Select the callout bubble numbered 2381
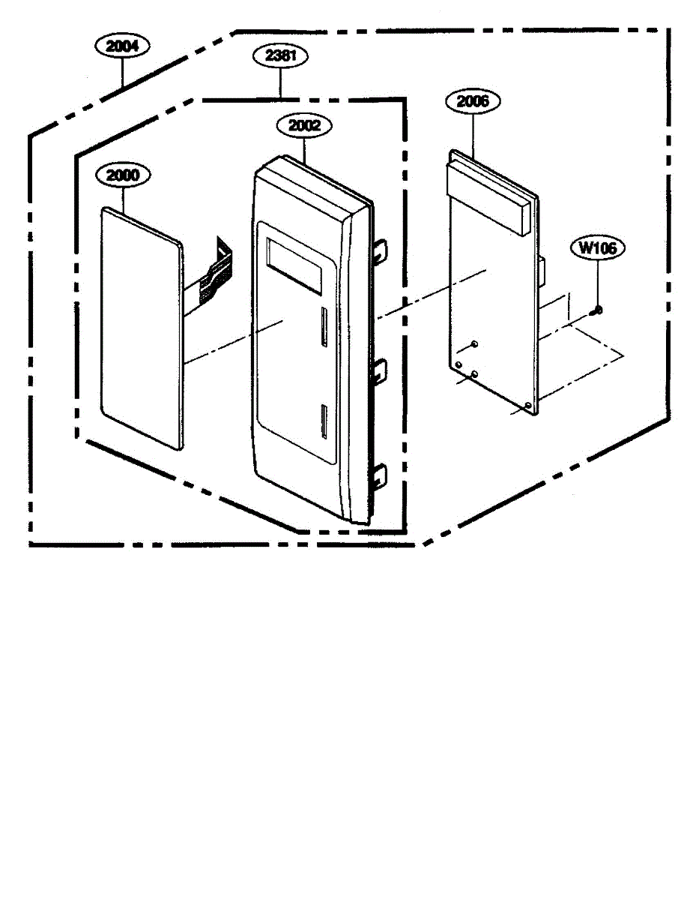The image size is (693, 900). point(280,55)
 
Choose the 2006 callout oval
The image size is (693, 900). point(473,101)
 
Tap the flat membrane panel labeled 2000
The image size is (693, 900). point(142,330)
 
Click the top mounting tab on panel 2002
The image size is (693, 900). point(381,250)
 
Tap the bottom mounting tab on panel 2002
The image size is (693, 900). point(380,475)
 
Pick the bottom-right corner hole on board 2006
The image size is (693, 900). point(529,405)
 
